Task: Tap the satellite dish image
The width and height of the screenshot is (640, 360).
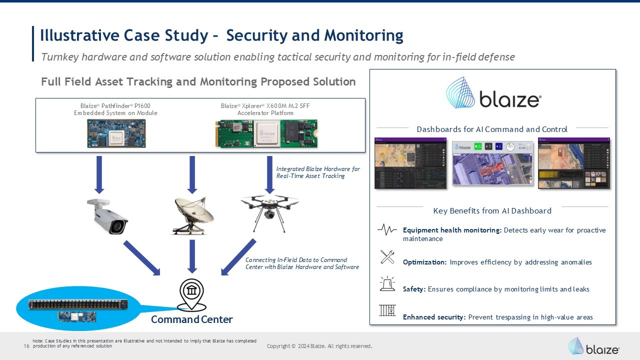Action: [193, 215]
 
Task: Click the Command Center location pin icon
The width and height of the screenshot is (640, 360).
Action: [192, 294]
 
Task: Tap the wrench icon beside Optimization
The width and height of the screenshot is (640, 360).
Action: [387, 257]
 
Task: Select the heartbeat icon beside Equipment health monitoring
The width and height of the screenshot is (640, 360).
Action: [387, 230]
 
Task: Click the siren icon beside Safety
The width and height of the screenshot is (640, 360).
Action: [387, 283]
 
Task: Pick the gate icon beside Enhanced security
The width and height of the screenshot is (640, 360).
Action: [387, 310]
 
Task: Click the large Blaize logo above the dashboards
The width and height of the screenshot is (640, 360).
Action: [493, 93]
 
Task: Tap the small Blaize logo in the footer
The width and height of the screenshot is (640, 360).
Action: [593, 346]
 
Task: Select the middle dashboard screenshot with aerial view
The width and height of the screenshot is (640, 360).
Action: [492, 163]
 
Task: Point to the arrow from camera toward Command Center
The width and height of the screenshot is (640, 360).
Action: [141, 257]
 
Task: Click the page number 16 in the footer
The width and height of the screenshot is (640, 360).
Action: [26, 346]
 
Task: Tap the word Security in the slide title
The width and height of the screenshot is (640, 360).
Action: [258, 35]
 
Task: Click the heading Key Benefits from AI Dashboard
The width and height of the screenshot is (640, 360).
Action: [492, 211]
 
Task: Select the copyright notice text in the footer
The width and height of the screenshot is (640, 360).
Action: [319, 346]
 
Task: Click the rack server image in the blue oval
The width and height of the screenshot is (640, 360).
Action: [83, 304]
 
